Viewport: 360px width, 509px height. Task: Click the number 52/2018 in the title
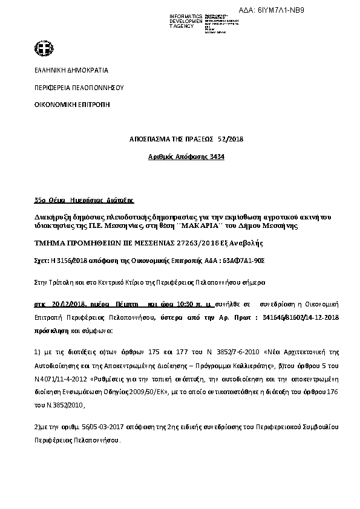tap(231, 139)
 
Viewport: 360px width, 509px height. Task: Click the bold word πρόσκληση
tap(50, 331)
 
